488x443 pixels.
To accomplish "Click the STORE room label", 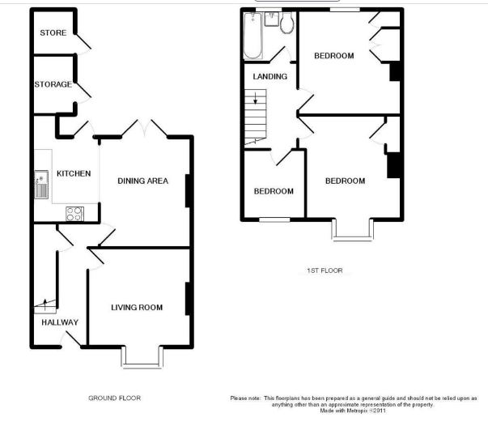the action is (53, 32).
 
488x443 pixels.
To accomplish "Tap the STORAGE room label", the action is (53, 84).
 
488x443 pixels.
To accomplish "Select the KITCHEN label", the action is (74, 173).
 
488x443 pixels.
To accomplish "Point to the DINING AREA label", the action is (143, 181).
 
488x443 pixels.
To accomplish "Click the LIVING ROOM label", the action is (137, 308).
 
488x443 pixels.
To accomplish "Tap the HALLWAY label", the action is (60, 322).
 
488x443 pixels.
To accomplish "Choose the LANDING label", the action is (269, 76).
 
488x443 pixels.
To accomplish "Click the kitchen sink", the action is (41, 185).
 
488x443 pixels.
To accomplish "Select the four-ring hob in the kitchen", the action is (74, 214).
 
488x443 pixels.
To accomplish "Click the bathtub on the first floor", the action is (252, 36).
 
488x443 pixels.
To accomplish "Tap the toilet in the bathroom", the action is (287, 23).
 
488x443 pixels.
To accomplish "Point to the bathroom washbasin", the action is (271, 19).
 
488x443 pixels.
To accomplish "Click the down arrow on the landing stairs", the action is (256, 98).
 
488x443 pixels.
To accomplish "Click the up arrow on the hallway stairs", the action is (45, 305).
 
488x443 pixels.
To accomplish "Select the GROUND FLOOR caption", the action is (115, 398).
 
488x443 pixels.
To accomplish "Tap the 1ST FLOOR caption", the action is (325, 270).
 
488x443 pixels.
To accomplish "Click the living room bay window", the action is (142, 357).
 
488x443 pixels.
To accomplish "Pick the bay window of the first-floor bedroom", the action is (353, 229).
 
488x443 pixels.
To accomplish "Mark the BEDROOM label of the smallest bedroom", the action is (274, 191).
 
